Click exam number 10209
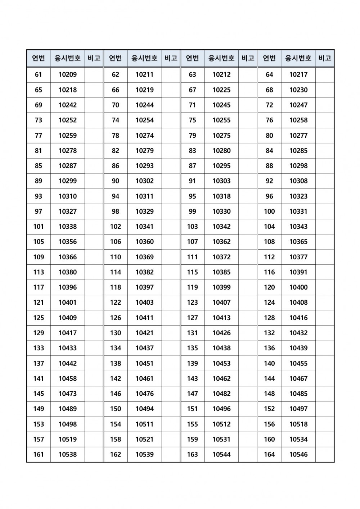(68, 74)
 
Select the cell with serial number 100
(269, 211)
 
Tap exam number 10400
(298, 287)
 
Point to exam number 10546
(298, 454)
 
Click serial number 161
(39, 454)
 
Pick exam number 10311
(144, 196)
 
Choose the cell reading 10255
(221, 120)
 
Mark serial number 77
(39, 135)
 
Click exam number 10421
(144, 333)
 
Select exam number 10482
(221, 394)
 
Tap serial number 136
(269, 348)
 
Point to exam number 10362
(221, 242)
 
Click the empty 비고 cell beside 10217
(325, 74)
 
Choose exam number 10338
(68, 226)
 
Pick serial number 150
(116, 409)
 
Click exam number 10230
(298, 90)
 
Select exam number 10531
(221, 439)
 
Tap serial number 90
(116, 181)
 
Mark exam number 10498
(68, 424)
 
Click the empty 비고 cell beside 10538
(94, 454)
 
